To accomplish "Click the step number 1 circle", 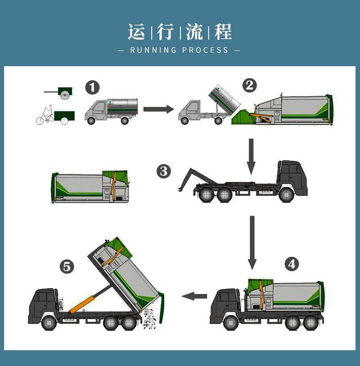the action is tap(92, 87).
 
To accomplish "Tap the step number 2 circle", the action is tap(250, 85).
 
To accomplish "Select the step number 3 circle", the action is tap(164, 172).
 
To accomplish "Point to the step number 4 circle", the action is tap(292, 264).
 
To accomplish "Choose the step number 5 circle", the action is tap(67, 267).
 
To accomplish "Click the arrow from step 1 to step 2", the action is tap(159, 109).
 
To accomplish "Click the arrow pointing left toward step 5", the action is tap(194, 296).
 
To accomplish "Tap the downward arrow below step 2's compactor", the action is tap(251, 156).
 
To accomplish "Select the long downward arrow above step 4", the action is tap(252, 243).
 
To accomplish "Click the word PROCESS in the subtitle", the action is tap(205, 50).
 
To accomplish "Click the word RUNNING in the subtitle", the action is tap(153, 50).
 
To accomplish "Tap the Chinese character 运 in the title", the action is tap(136, 32).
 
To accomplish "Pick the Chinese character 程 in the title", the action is tap(223, 32).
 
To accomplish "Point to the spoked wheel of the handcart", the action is tap(65, 95).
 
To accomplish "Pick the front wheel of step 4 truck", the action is tap(231, 323).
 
